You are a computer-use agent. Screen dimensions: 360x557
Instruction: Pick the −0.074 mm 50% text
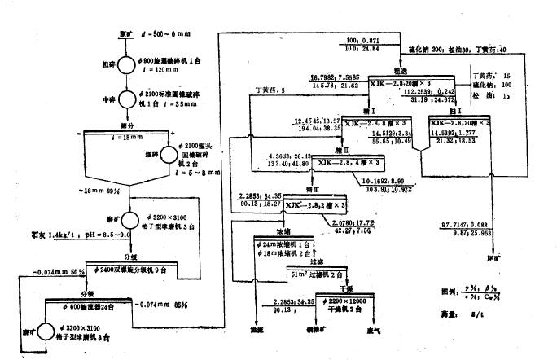58,271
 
